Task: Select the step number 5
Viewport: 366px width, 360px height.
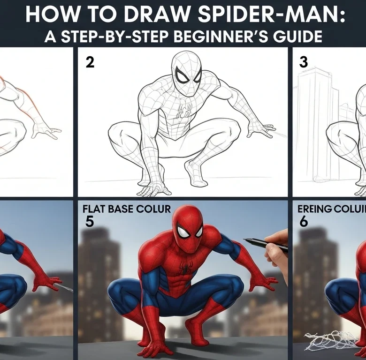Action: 90,221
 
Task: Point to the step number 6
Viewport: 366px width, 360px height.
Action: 304,221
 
